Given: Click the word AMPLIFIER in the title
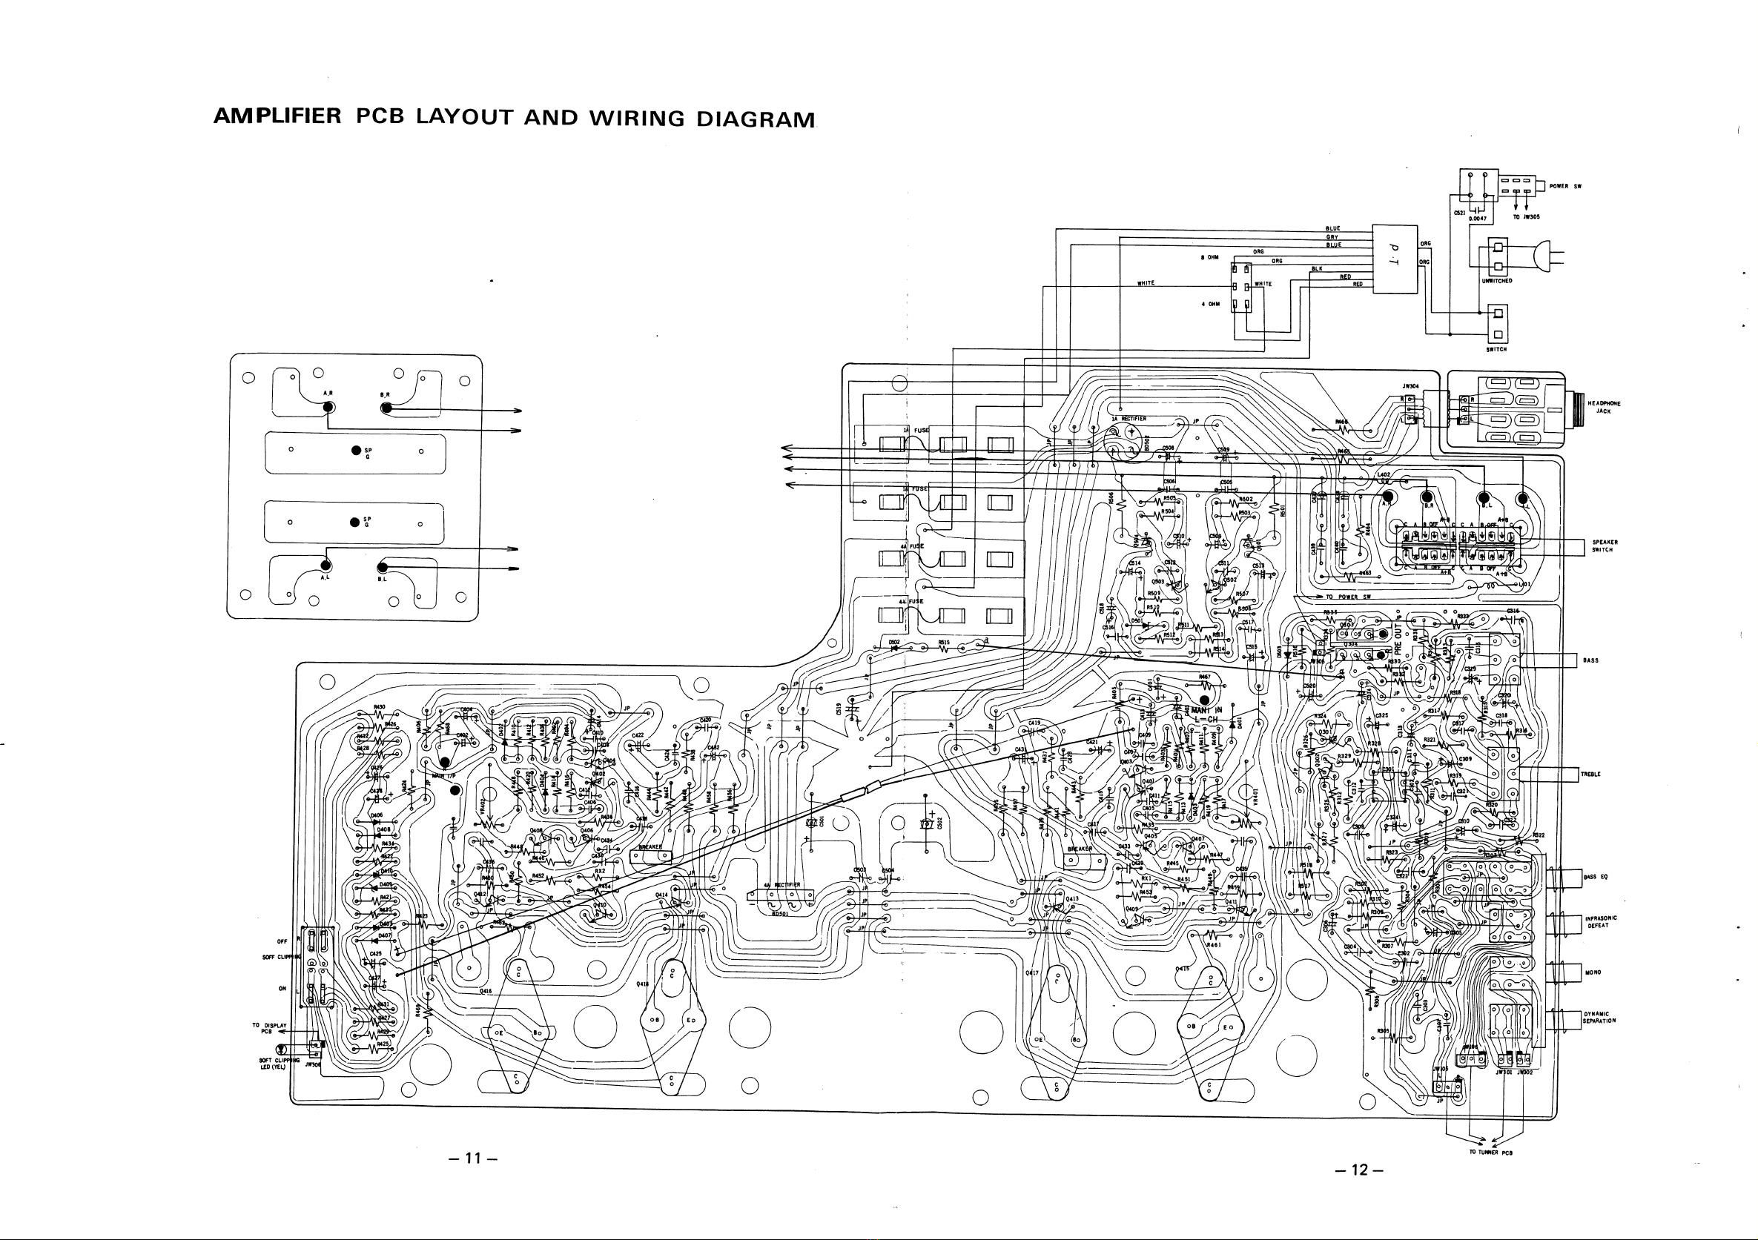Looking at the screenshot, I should (x=277, y=116).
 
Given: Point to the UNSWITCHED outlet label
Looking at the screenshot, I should (x=1497, y=281).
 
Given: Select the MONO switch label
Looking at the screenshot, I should (x=1593, y=973).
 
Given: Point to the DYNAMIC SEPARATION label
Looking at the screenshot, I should (x=1599, y=1017).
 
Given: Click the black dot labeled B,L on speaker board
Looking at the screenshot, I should (x=381, y=567).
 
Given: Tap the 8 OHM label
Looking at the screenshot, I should (x=1209, y=257).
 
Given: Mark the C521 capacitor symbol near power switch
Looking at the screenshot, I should (x=1477, y=213).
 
